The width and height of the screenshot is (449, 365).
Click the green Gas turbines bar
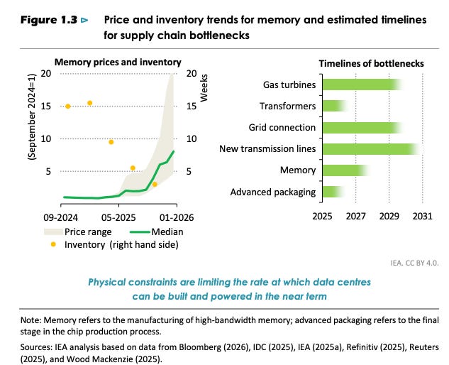point(362,85)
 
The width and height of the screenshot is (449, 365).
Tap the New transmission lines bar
point(372,149)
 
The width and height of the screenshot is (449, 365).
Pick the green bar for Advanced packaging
point(333,192)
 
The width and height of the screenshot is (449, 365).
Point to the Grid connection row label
point(282,127)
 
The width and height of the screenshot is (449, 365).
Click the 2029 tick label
point(389,216)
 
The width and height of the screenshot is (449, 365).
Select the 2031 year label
point(422,216)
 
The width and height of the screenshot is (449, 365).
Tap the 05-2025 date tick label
point(118,217)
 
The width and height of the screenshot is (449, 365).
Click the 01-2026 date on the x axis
point(177,217)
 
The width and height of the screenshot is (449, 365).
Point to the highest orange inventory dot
point(89,103)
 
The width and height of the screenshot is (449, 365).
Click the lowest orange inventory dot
point(155,185)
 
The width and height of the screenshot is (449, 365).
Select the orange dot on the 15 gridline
point(68,107)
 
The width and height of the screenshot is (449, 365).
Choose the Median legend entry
point(157,231)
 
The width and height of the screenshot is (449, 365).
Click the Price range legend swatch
point(53,231)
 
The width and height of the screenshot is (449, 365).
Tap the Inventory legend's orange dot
point(53,244)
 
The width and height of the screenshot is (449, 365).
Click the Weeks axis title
point(204,88)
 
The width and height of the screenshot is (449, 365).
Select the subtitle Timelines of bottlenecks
point(372,63)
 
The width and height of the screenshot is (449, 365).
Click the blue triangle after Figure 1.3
point(84,20)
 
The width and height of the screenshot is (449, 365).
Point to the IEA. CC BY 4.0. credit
point(415,263)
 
